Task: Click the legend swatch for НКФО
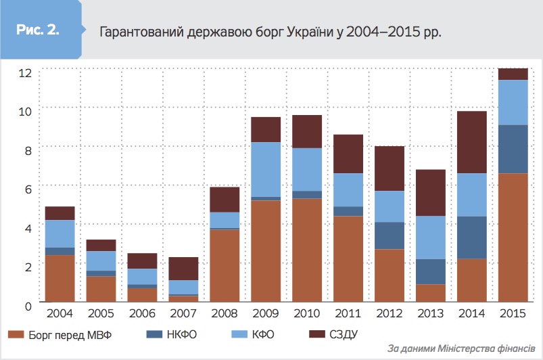(x=154, y=334)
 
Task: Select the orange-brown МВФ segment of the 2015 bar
(x=513, y=237)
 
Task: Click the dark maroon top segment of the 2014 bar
(x=471, y=142)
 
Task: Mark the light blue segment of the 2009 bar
(x=265, y=169)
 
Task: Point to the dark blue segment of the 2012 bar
(x=389, y=235)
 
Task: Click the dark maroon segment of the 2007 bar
(x=183, y=269)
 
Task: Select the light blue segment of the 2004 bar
(x=60, y=233)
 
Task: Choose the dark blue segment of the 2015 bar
(x=513, y=149)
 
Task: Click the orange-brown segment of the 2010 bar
(x=306, y=250)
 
